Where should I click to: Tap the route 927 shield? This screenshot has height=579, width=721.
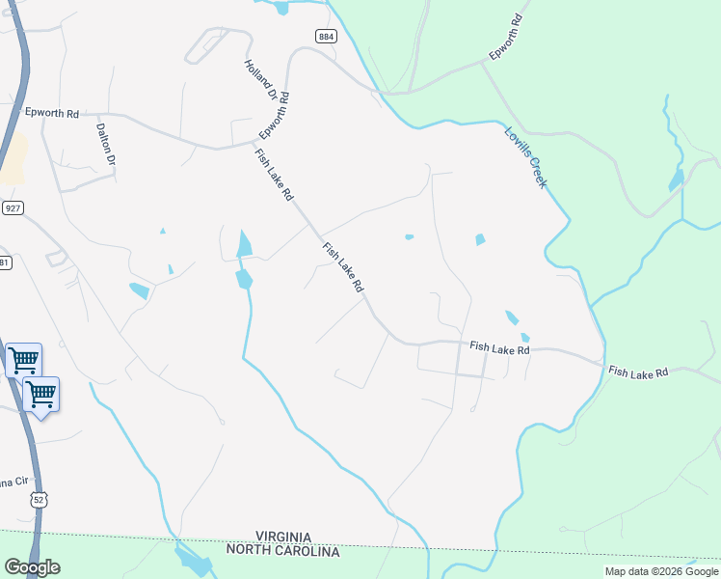13,208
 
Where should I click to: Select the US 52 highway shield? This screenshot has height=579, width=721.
38,499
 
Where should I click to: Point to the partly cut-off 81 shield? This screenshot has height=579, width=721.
5,262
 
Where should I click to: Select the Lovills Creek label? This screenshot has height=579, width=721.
526,156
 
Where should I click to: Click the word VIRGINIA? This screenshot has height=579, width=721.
283,537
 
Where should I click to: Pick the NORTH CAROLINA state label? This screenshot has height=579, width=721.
283,551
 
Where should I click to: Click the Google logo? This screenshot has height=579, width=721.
32,567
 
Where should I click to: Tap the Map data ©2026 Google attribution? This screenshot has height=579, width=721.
661,571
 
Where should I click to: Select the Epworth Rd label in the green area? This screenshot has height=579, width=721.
505,37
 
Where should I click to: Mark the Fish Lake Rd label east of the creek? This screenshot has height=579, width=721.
638,372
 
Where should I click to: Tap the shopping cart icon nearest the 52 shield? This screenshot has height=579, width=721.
40,395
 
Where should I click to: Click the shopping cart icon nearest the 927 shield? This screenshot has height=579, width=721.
23,361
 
